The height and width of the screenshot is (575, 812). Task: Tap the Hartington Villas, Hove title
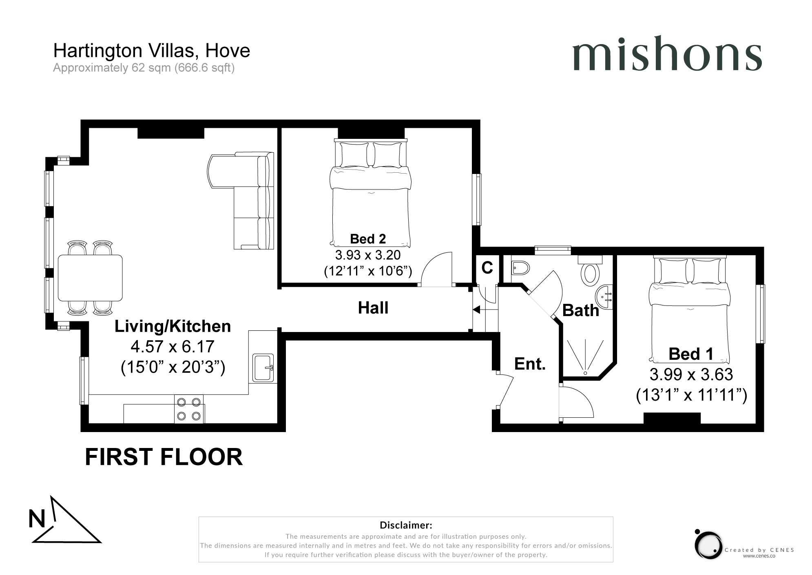(x=151, y=51)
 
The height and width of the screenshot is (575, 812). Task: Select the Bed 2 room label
(x=368, y=239)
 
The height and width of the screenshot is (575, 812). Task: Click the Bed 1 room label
(x=691, y=354)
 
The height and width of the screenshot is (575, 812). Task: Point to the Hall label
(x=373, y=308)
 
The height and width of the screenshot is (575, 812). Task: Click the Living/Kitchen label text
(x=173, y=326)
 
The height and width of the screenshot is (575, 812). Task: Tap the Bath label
(x=580, y=311)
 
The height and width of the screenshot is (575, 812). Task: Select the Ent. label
(x=530, y=363)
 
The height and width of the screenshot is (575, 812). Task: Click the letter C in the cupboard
(x=487, y=268)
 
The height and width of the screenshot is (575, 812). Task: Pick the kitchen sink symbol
(x=263, y=368)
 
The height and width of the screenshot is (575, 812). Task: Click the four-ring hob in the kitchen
(x=189, y=409)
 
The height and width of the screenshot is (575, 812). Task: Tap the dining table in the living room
(x=90, y=278)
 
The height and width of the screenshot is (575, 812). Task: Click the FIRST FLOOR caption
(x=164, y=457)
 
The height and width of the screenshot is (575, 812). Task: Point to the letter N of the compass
(x=37, y=519)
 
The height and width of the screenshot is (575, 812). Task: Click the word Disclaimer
(x=405, y=525)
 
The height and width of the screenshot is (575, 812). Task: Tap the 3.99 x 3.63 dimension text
(x=691, y=374)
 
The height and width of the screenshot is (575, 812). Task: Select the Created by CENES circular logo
(x=708, y=545)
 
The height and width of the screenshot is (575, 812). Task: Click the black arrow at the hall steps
(x=476, y=310)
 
